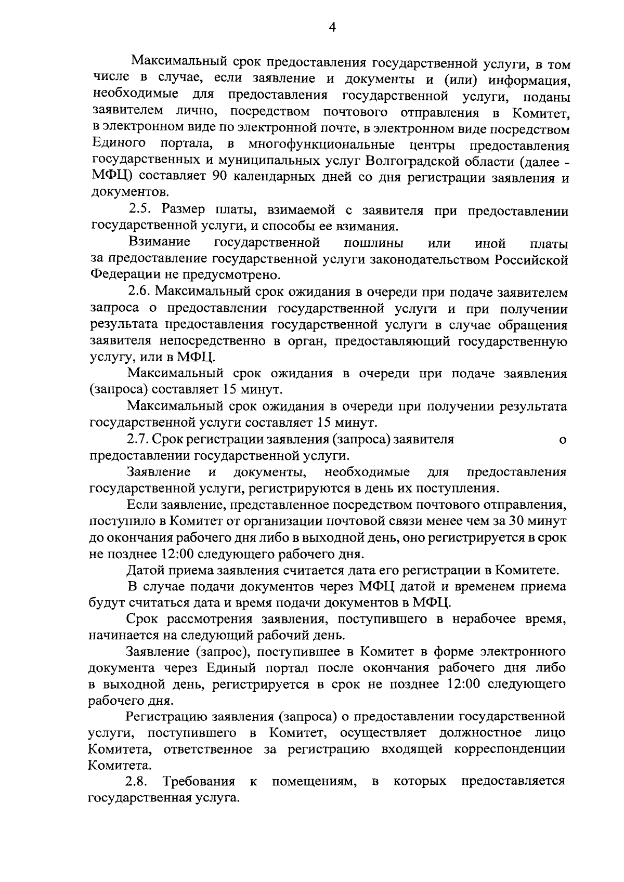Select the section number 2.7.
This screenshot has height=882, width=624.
coord(138,439)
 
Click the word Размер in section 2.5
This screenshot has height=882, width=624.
coord(181,210)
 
